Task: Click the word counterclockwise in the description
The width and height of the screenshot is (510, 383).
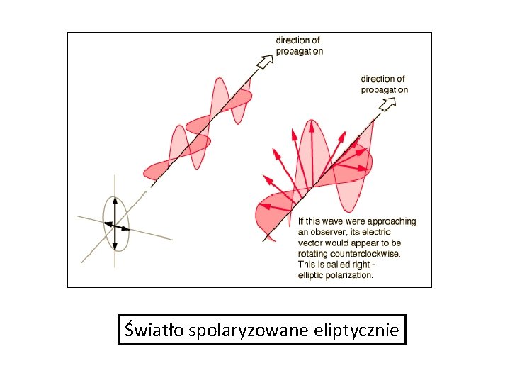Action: pos(366,253)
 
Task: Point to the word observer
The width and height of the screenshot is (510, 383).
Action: pos(336,232)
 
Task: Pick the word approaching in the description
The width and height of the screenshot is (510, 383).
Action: pos(390,221)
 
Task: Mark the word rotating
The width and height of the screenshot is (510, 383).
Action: pos(314,253)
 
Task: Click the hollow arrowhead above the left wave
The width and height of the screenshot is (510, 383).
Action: pos(265,62)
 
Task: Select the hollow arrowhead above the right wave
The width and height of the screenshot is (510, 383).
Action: pos(387,105)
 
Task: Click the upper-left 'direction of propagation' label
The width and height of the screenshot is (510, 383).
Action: pos(299,45)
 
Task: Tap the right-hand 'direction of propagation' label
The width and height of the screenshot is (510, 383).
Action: pos(384,84)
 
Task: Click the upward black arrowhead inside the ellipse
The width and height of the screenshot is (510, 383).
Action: pos(115,201)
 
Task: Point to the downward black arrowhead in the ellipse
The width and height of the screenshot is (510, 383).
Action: pos(115,246)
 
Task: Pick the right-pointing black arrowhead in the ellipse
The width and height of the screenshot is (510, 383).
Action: pos(125,228)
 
